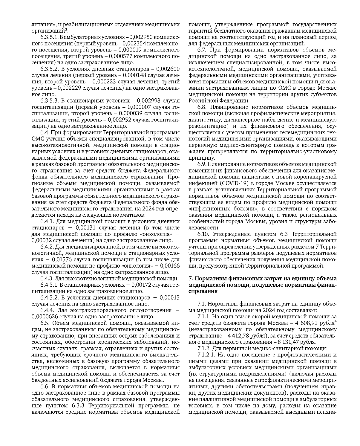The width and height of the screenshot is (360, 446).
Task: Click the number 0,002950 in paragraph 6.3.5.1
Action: (141, 37)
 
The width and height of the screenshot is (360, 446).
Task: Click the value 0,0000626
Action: (44, 317)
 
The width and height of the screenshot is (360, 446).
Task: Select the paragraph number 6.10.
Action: (204, 234)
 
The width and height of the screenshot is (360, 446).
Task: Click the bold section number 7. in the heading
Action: (190, 278)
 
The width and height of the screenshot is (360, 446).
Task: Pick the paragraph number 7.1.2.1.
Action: (206, 355)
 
